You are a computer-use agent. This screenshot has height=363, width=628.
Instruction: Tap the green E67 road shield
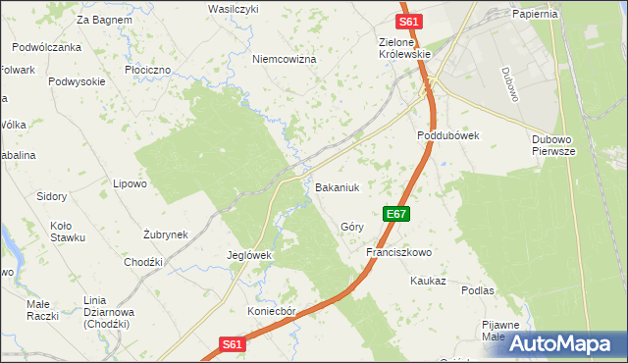click(395, 213)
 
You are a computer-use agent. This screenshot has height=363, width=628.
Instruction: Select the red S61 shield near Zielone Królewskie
click(409, 22)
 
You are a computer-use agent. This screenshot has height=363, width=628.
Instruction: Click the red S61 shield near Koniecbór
click(230, 344)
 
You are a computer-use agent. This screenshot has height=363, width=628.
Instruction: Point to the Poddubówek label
click(446, 136)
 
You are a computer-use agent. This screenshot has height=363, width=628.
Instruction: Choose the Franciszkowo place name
click(398, 252)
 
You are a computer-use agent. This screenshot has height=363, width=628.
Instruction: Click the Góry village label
click(352, 227)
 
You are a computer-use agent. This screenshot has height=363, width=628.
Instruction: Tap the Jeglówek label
click(248, 255)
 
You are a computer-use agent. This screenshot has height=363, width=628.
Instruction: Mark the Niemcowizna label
click(285, 60)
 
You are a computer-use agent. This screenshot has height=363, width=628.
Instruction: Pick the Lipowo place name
click(130, 183)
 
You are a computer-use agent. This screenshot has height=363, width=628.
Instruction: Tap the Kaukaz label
click(428, 281)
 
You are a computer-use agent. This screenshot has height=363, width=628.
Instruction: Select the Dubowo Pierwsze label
click(558, 145)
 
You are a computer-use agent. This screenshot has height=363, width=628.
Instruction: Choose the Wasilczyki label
click(233, 8)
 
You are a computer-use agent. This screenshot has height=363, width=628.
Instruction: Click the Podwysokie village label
click(77, 82)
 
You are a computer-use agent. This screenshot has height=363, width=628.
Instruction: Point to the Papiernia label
click(535, 14)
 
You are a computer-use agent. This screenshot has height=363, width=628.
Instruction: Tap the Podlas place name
click(477, 291)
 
